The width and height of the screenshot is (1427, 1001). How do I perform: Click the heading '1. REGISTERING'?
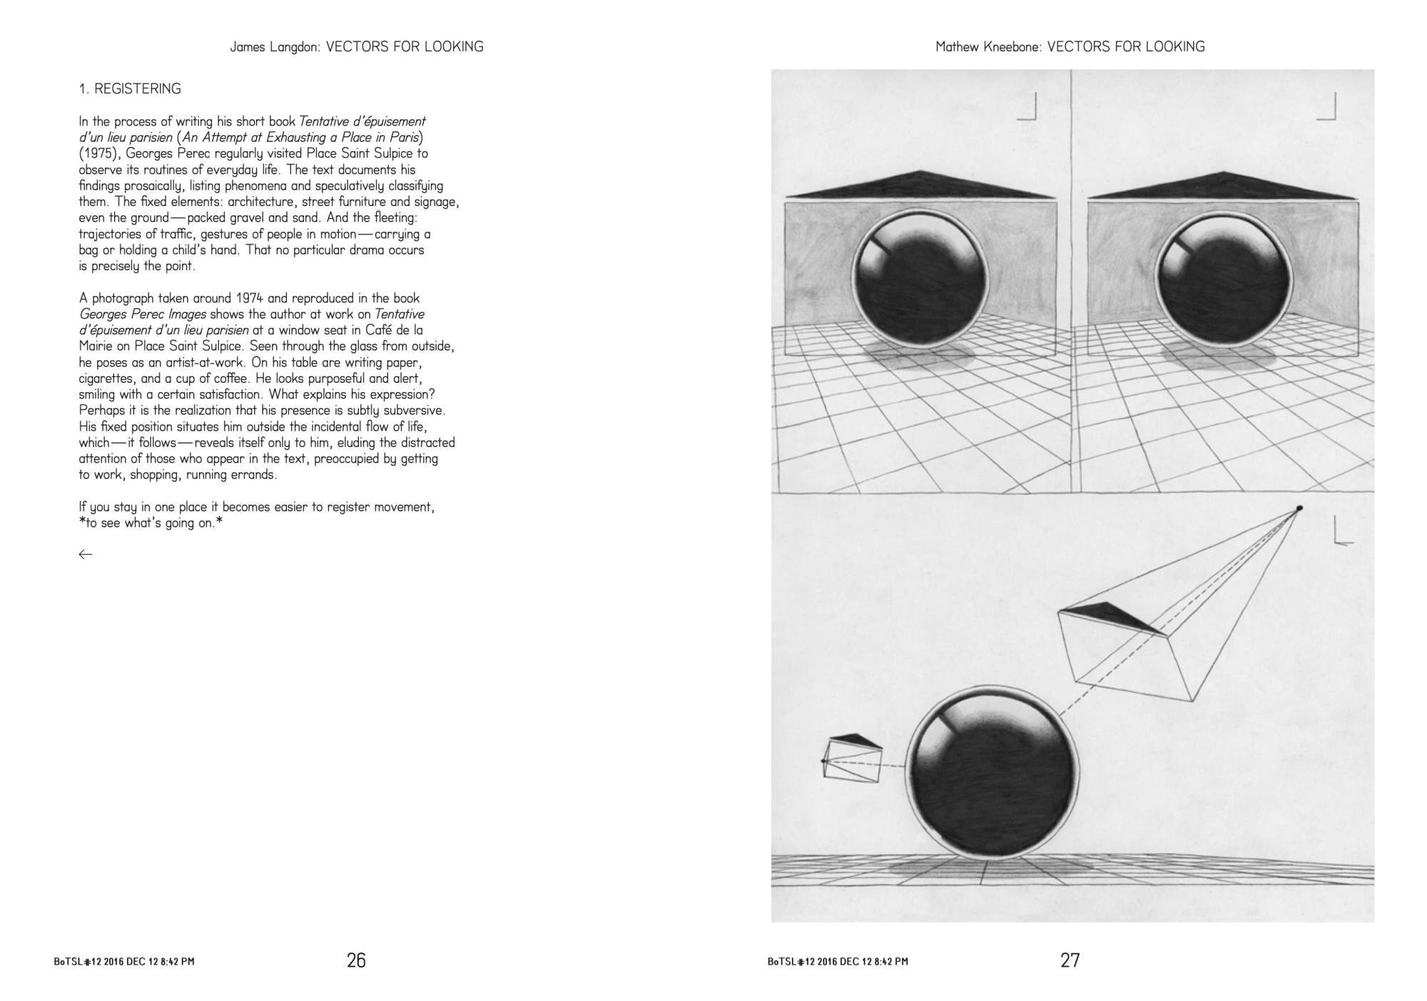tap(130, 89)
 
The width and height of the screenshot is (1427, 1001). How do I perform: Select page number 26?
tap(356, 960)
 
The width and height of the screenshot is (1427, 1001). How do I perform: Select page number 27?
tap(1070, 960)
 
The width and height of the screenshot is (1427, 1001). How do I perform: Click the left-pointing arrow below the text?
tap(86, 554)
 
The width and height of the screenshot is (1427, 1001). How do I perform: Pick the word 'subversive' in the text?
tap(415, 411)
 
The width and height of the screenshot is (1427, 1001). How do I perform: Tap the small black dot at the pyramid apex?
tap(1299, 508)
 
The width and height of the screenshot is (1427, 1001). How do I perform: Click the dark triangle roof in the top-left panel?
tap(920, 185)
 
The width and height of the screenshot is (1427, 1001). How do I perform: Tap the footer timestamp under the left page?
tap(124, 962)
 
